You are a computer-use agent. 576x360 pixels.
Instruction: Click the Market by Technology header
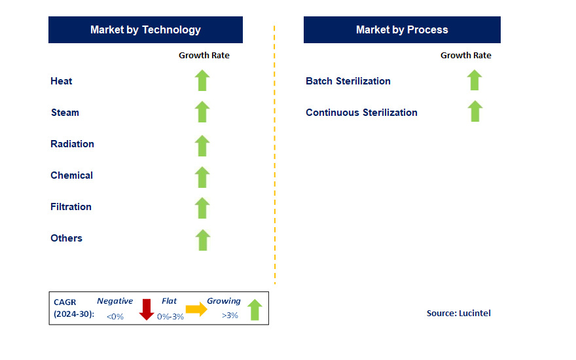[x=145, y=29]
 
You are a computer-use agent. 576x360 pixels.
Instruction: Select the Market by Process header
[x=402, y=29]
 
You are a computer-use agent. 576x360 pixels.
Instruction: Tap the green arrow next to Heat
[x=202, y=81]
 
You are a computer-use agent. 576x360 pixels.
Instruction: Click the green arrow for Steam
[x=202, y=112]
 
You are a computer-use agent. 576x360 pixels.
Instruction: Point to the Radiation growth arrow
[x=202, y=146]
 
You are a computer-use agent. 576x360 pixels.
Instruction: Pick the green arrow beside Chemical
[x=202, y=177]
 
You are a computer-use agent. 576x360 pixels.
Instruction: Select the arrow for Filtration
[x=202, y=208]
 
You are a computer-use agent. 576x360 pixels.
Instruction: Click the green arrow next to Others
[x=203, y=240]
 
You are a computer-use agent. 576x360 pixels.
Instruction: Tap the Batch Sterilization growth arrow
[x=475, y=80]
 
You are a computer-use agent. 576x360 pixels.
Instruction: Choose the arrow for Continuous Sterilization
[x=475, y=111]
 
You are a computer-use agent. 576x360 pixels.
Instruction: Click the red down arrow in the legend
[x=147, y=310]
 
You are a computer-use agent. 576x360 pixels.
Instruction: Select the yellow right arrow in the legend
[x=196, y=309]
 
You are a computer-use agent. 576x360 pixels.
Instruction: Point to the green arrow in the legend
[x=255, y=310]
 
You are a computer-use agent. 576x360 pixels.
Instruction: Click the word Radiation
[x=73, y=144]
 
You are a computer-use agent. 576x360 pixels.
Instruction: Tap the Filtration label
[x=71, y=207]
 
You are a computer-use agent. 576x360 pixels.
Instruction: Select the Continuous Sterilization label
[x=361, y=113]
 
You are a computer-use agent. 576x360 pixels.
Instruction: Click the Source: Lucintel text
[x=458, y=313]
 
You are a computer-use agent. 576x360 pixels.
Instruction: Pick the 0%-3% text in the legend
[x=170, y=317]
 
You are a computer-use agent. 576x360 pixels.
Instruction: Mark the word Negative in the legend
[x=115, y=301]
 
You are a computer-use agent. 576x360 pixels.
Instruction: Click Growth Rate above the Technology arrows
[x=204, y=56]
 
